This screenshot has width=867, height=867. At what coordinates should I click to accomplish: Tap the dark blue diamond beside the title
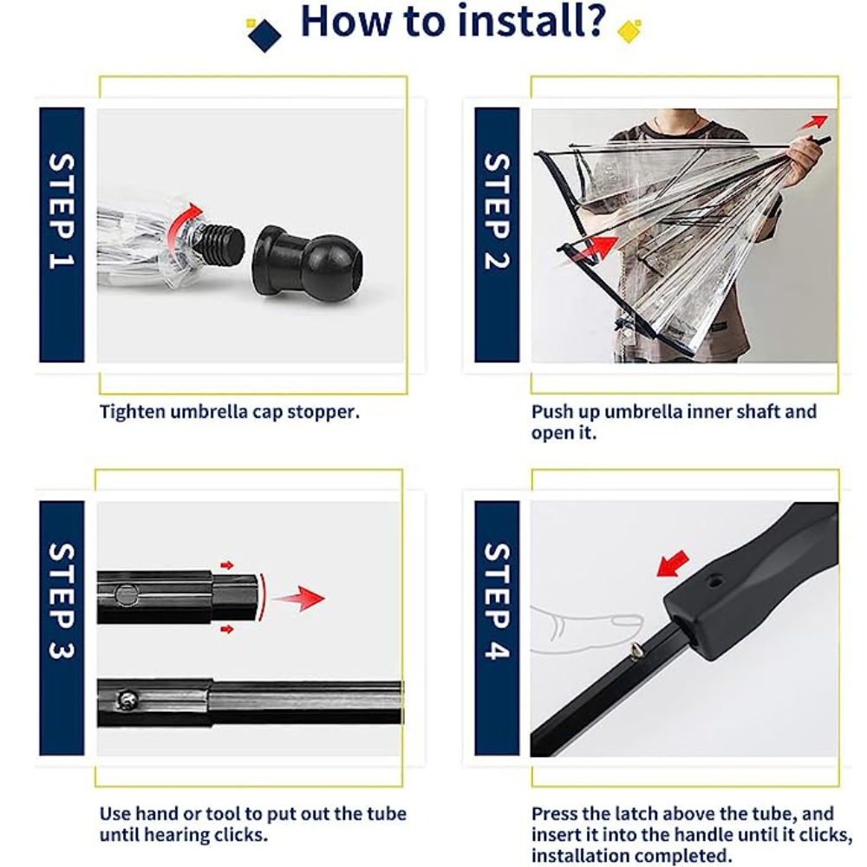click(x=264, y=35)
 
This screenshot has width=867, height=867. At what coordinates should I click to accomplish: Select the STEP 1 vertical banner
click(x=62, y=234)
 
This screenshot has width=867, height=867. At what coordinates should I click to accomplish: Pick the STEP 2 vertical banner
click(x=496, y=234)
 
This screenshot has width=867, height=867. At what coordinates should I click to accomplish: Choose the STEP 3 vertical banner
click(x=62, y=627)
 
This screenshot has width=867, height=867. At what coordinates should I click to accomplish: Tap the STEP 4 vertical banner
click(x=496, y=627)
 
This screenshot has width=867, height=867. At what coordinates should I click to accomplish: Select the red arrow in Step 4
click(x=673, y=563)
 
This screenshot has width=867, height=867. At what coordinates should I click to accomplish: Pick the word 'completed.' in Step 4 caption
click(x=681, y=856)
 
